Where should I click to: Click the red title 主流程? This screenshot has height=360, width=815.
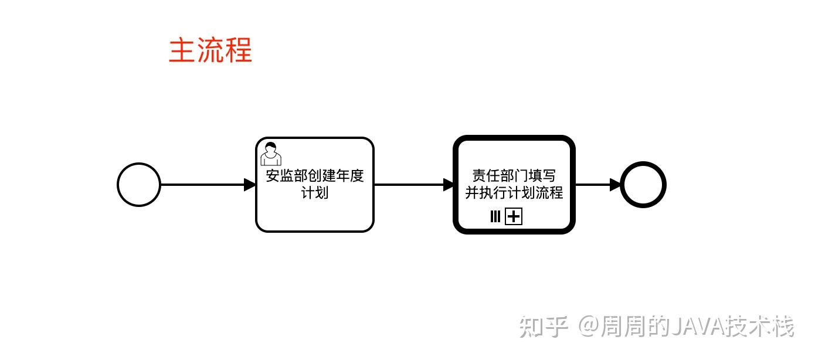pos(210,50)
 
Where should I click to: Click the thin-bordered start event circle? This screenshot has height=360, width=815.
pos(118,185)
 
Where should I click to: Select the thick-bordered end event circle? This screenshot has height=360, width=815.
pos(622,185)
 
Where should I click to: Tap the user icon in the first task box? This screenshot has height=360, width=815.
pos(271,154)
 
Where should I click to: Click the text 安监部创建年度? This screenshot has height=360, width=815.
pos(315,175)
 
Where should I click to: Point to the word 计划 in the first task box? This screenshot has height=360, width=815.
pos(315,192)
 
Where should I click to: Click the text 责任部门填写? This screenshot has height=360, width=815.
pos(514,175)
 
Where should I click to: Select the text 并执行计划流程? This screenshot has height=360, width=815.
pos(514,192)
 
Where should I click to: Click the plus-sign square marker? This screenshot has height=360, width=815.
pos(514,216)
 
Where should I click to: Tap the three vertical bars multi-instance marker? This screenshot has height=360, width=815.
pos(495,216)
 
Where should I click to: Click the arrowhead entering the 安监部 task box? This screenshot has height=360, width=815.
pos(250,185)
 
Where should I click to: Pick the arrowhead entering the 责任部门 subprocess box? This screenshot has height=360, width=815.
pos(449,185)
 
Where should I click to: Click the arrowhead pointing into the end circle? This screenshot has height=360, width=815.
pos(615,185)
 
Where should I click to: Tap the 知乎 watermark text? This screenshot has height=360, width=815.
pos(544,327)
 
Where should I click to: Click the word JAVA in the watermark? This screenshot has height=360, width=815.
pos(698,327)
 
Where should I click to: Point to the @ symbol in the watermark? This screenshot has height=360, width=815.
pos(589,327)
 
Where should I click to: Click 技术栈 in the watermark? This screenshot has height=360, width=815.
pos(760,327)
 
